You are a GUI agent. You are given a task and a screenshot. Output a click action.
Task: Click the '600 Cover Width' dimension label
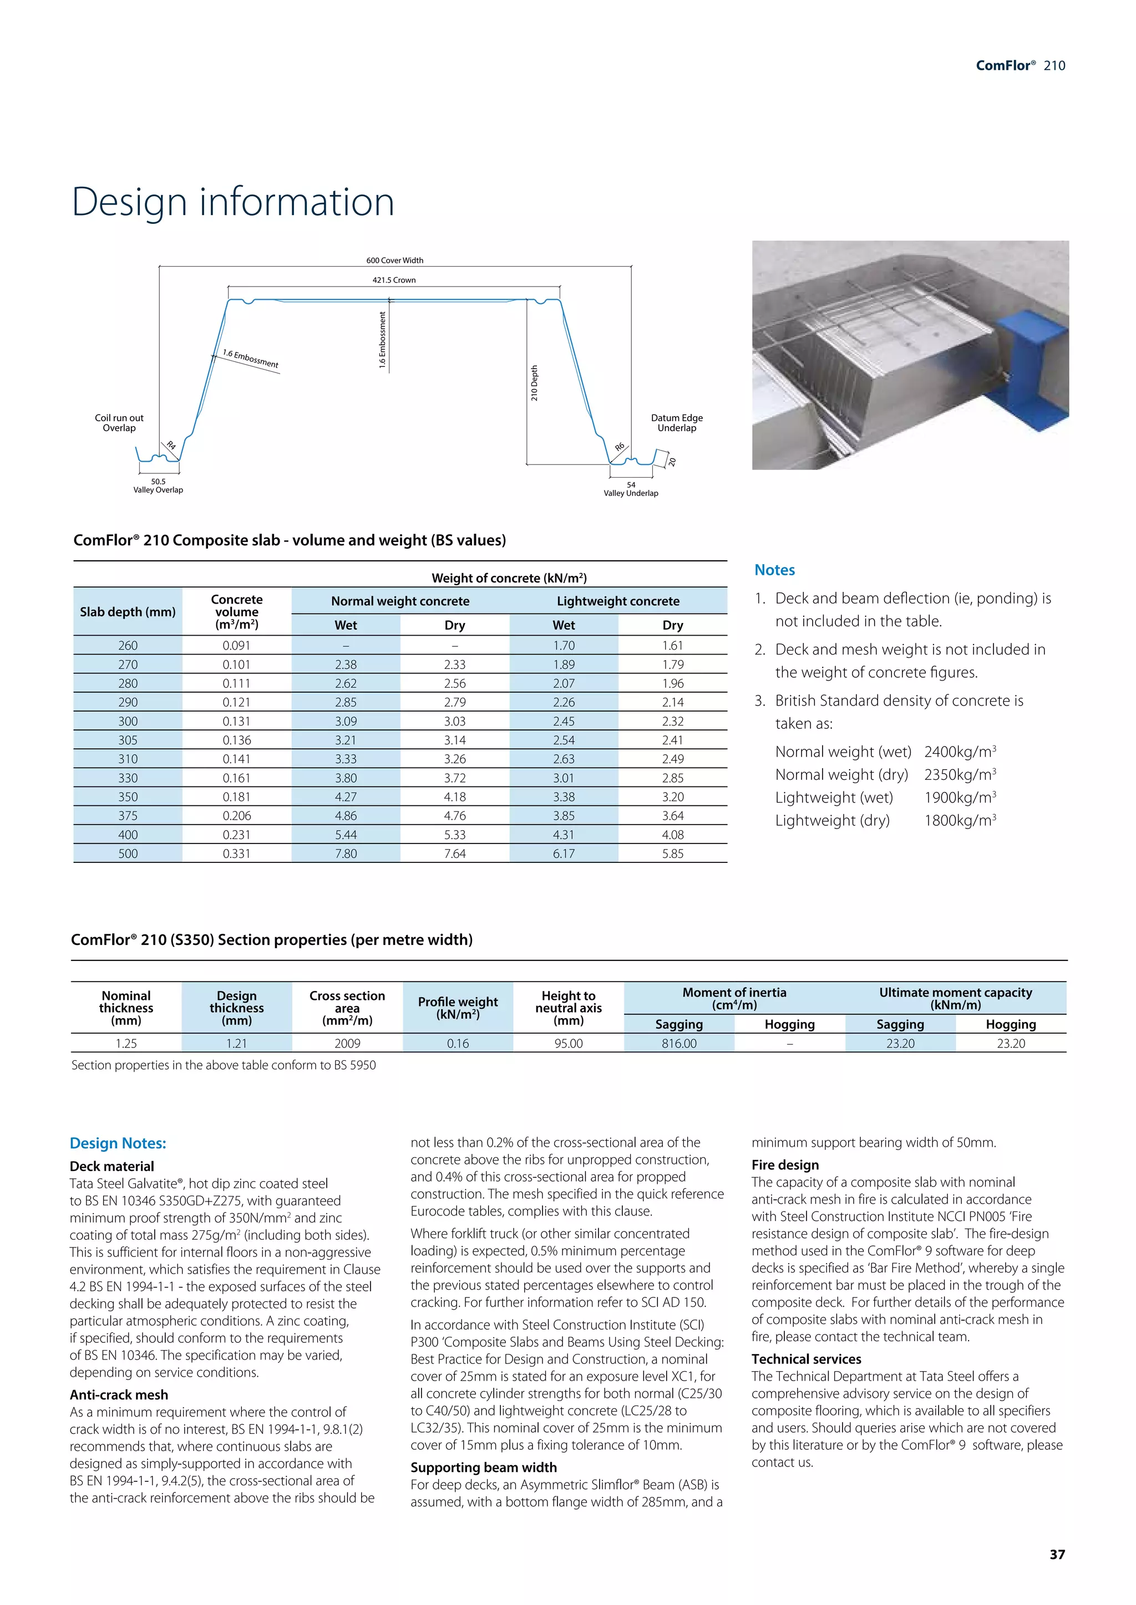[x=394, y=260]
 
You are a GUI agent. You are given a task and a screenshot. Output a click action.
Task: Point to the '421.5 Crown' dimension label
[x=394, y=280]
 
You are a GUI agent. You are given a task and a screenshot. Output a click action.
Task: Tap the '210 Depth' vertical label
[x=534, y=383]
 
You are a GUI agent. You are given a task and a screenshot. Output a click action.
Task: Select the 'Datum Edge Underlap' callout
[x=676, y=423]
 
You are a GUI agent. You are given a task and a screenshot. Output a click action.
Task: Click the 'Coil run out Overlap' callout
[x=119, y=423]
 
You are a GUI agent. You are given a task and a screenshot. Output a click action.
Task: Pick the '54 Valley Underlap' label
[x=631, y=489]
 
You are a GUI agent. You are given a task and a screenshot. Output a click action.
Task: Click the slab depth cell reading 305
[x=128, y=739]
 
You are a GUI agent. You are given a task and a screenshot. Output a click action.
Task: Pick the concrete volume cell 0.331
[x=236, y=853]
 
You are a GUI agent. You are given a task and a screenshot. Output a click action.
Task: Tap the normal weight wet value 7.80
[x=346, y=853]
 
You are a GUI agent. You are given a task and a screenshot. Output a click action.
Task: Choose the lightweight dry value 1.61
[x=672, y=645]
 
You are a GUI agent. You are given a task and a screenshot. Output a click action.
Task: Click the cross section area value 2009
[x=347, y=1043]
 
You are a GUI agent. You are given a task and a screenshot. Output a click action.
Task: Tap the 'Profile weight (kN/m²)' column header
[x=458, y=1008]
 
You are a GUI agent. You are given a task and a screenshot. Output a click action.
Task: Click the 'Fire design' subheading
[x=785, y=1164]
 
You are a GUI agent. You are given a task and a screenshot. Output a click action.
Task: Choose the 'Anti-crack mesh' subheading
[x=119, y=1394]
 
